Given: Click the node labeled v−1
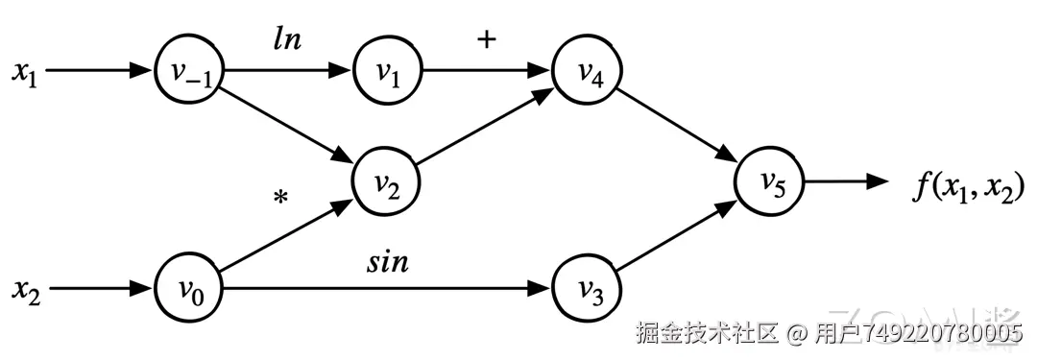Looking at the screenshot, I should pos(188,72).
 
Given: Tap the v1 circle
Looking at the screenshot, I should pos(387,72).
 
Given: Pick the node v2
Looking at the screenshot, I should pos(387,180).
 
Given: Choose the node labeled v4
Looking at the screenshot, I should pos(587,72).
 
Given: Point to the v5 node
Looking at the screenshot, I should pos(770,180).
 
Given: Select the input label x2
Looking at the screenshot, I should pos(23,287).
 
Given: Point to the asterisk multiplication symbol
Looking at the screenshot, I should pos(280,199).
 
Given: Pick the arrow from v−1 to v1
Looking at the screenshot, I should pos(288,72).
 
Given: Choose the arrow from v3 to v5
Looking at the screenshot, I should pos(678,234).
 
